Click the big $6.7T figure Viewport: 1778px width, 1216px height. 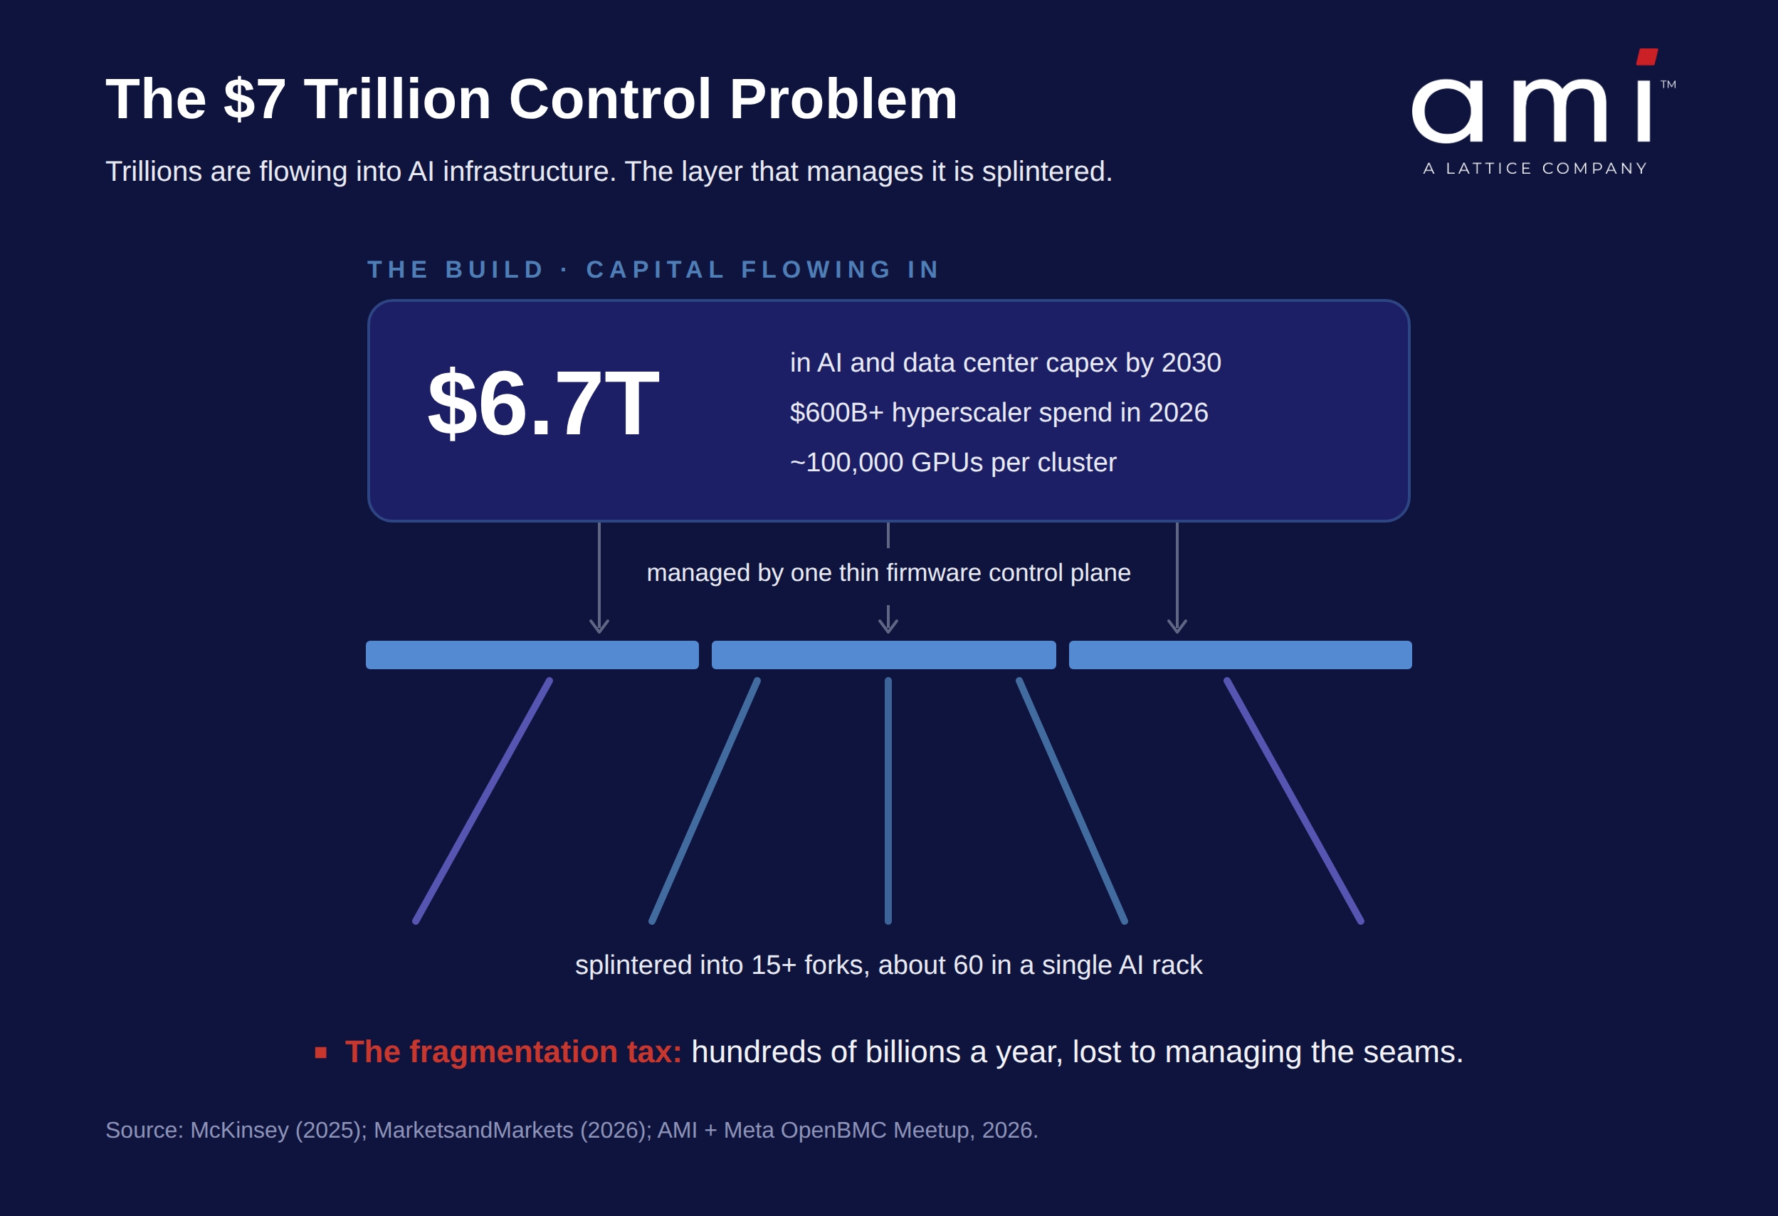[542, 403]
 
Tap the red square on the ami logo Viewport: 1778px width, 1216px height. [1646, 57]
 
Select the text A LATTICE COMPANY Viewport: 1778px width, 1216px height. [1535, 168]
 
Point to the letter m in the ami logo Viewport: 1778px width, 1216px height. [1560, 110]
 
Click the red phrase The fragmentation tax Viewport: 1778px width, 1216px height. [513, 1052]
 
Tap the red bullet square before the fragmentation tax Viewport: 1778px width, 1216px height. [320, 1053]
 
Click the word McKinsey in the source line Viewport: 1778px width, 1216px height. [239, 1131]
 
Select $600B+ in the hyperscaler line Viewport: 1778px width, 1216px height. [837, 412]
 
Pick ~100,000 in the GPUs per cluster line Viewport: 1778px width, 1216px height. [847, 463]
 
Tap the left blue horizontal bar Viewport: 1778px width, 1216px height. [532, 655]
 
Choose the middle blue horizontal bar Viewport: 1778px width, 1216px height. [883, 655]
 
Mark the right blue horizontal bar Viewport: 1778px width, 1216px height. [1240, 655]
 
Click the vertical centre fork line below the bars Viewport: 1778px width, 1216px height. [888, 800]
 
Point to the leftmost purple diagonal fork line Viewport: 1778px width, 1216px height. [483, 800]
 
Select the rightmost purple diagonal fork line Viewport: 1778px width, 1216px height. [1294, 800]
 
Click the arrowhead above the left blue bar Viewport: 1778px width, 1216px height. [599, 626]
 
